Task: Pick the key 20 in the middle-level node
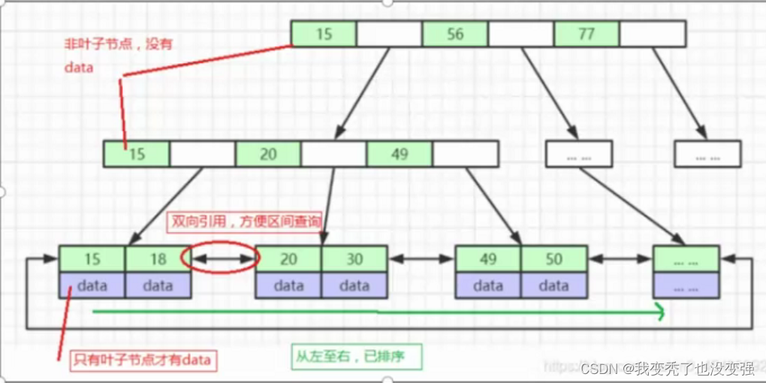click(268, 154)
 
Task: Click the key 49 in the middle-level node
click(400, 154)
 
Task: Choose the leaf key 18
click(158, 259)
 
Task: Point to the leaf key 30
click(354, 259)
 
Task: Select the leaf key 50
click(554, 259)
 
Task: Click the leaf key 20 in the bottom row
click(288, 259)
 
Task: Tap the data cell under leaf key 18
click(158, 285)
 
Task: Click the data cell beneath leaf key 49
click(488, 285)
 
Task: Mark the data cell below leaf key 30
click(354, 285)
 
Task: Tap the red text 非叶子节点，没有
click(118, 44)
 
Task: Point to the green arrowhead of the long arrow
click(661, 310)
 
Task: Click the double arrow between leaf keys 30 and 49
click(421, 259)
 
